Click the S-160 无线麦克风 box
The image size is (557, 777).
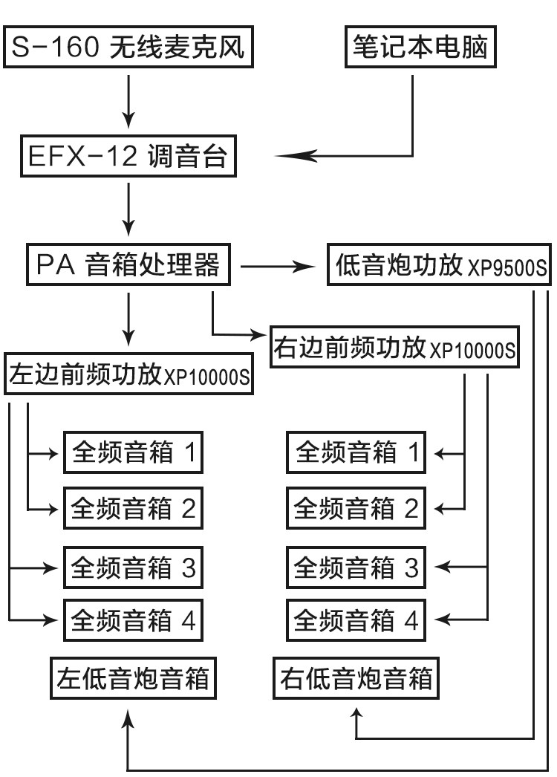(128, 47)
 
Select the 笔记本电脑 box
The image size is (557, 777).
(420, 47)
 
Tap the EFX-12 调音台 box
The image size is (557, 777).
(128, 156)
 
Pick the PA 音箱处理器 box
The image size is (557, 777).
(128, 264)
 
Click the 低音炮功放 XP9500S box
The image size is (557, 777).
(439, 264)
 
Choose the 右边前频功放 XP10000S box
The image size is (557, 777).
(394, 347)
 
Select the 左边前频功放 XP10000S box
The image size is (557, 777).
(128, 374)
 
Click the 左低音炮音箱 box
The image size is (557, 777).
(133, 678)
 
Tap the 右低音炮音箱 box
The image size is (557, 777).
(356, 678)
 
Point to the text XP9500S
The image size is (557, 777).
(507, 267)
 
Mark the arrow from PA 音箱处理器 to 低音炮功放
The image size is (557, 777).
(278, 267)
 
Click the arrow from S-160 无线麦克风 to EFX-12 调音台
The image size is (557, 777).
(128, 102)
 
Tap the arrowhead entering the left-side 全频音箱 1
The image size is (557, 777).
(52, 453)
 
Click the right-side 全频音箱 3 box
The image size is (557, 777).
(356, 568)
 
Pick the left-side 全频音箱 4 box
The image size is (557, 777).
(133, 620)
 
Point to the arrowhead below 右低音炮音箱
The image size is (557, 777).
(356, 715)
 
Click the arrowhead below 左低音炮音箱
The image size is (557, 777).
(128, 718)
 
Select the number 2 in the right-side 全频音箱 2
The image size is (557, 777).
(411, 508)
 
